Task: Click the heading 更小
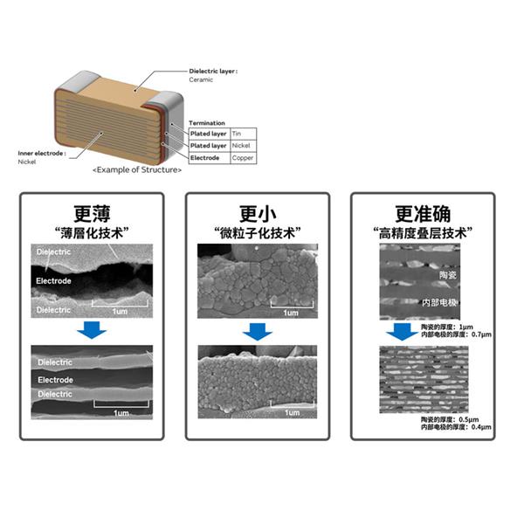[258, 213]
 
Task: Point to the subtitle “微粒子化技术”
[258, 232]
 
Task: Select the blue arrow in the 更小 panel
[258, 331]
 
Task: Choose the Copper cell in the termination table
[244, 158]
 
